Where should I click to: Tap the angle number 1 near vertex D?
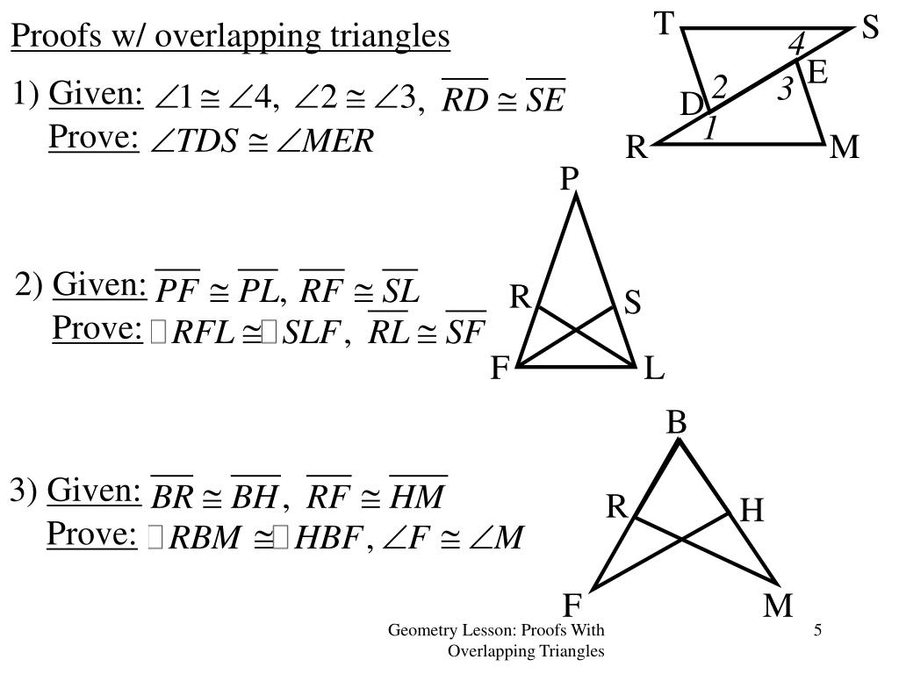point(711,130)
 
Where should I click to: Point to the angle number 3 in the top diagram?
point(786,89)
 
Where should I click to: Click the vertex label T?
point(665,25)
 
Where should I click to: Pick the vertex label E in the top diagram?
point(816,72)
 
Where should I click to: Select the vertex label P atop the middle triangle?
point(570,180)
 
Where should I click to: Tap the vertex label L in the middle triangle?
point(654,370)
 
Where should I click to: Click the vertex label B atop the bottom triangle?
point(675,423)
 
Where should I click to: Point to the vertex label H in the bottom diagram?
point(752,510)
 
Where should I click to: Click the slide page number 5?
point(817,630)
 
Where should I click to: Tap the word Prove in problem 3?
point(92,534)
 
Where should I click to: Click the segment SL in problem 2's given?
point(401,290)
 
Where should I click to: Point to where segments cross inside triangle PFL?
point(577,329)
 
